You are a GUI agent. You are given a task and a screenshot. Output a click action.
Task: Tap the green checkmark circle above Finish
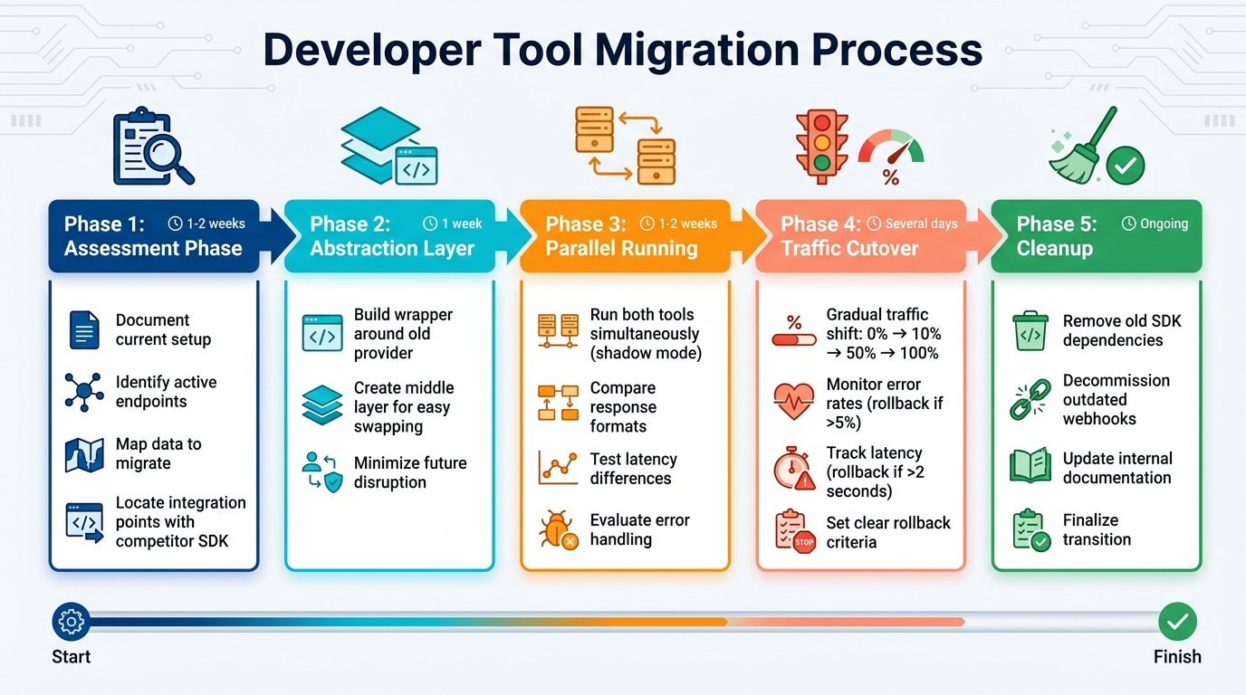[x=1177, y=622]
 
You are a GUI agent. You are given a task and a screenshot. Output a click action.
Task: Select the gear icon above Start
[x=71, y=622]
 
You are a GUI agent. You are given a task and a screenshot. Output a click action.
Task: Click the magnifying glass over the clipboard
[x=168, y=155]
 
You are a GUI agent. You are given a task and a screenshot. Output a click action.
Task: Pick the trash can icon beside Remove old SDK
[x=1030, y=330]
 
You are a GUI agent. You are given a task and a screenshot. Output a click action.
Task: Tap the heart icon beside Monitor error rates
[x=793, y=400]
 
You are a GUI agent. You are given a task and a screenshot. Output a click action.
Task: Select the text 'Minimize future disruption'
[x=409, y=472]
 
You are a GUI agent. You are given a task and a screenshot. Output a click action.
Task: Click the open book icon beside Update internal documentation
[x=1030, y=467]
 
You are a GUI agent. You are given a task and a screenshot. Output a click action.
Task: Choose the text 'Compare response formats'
[x=623, y=407]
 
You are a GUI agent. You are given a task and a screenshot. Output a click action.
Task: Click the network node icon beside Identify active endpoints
[x=84, y=392]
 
